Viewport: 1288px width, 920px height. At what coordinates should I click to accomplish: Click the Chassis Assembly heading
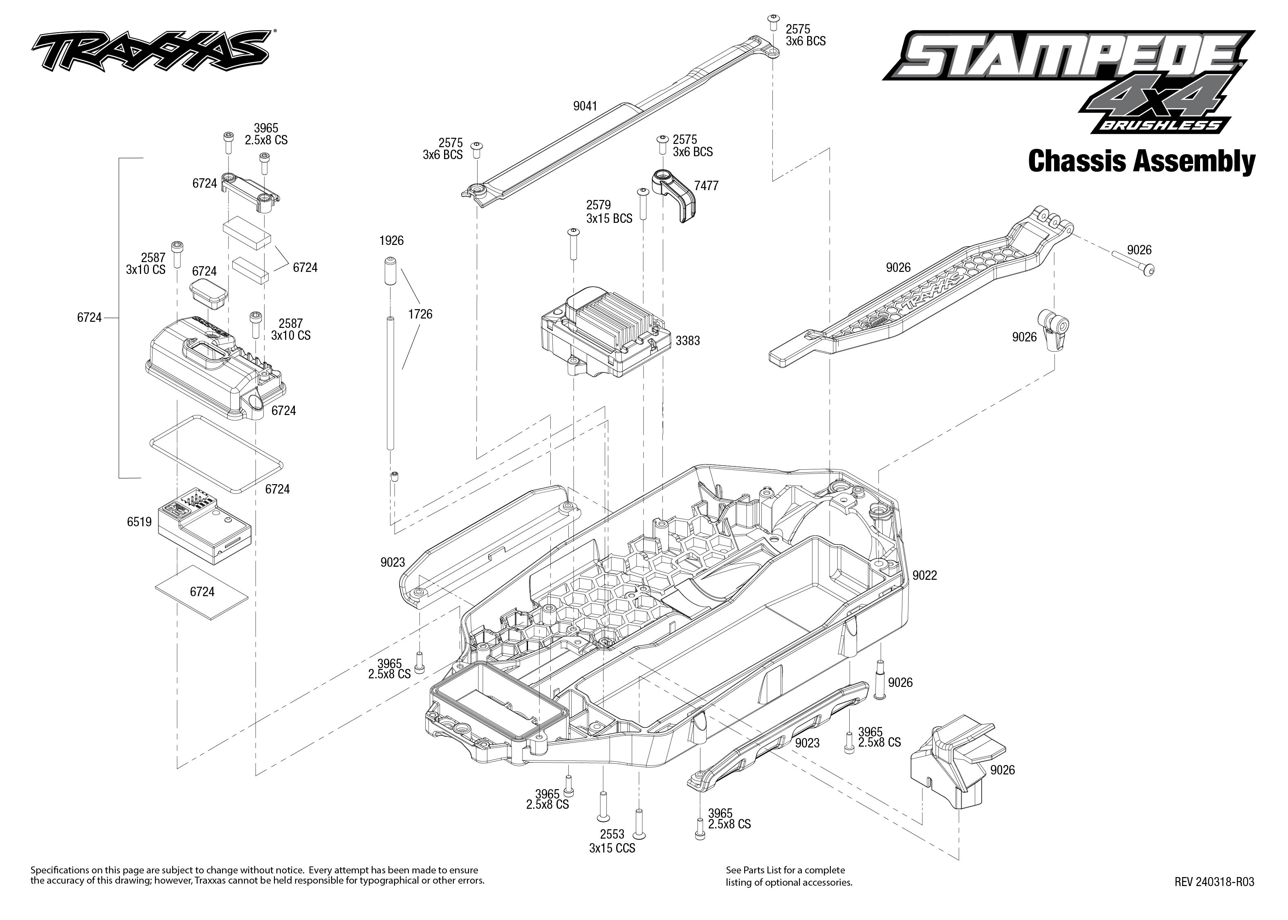1141,162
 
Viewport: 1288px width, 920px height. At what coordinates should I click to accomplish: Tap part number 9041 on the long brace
585,106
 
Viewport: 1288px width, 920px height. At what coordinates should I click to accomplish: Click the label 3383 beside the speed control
688,341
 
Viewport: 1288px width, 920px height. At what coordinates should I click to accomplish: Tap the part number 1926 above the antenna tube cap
391,241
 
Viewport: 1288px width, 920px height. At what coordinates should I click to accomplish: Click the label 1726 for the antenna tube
420,314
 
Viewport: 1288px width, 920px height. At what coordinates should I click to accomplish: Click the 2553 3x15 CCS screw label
612,841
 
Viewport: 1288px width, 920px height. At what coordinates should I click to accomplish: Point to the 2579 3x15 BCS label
609,211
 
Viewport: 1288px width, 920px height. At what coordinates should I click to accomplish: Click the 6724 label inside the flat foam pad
202,591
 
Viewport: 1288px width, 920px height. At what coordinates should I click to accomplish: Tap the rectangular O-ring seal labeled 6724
215,453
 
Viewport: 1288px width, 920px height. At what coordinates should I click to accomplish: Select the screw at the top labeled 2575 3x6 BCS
773,22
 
